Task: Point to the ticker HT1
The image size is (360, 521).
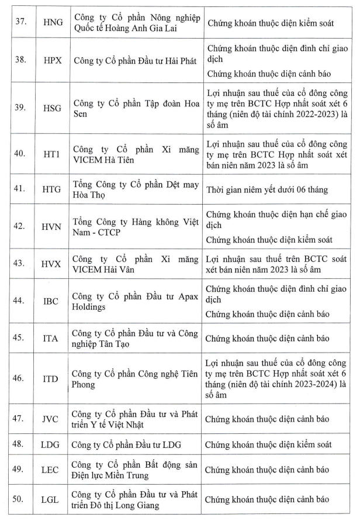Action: tap(51, 153)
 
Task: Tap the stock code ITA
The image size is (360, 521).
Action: tap(51, 339)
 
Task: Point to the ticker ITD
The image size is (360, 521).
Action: tap(51, 378)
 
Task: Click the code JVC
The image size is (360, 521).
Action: tap(51, 419)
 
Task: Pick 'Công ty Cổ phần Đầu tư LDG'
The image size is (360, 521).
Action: tap(126, 446)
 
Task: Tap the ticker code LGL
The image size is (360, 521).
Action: tap(51, 499)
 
